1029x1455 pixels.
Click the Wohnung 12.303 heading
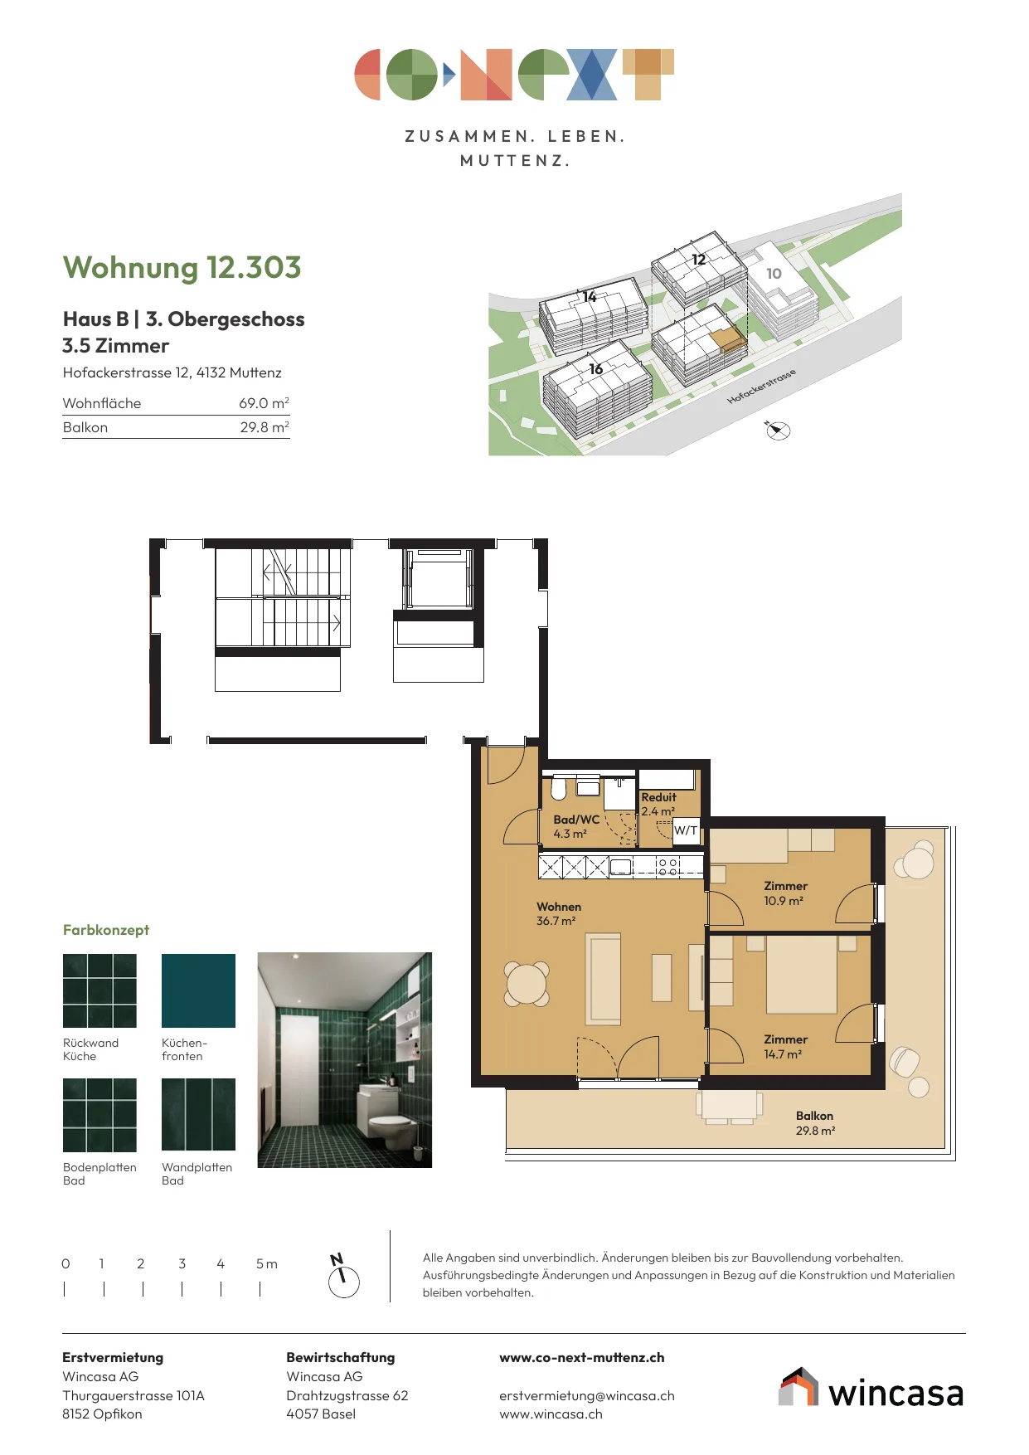(182, 268)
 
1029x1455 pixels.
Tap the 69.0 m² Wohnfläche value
(264, 403)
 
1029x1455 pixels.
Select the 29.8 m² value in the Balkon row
(265, 427)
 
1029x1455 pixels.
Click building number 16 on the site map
(595, 369)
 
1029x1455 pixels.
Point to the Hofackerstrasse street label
(761, 387)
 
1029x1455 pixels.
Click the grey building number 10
(774, 274)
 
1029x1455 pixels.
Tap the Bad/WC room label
(576, 820)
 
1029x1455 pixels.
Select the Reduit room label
(658, 797)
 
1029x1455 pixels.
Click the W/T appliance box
(686, 830)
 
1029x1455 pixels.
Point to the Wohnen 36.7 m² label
(559, 914)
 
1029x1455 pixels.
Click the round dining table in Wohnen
(527, 985)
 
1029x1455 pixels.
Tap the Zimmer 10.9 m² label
(785, 893)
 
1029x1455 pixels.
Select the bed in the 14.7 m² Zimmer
(801, 974)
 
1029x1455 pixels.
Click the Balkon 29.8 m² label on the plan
(815, 1123)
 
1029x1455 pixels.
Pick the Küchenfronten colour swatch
(198, 990)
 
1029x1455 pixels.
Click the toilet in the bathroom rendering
(390, 1127)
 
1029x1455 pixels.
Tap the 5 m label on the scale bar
(266, 1264)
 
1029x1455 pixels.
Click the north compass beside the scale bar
(343, 1278)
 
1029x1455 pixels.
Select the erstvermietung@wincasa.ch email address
(587, 1396)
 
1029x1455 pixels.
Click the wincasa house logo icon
(798, 1387)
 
